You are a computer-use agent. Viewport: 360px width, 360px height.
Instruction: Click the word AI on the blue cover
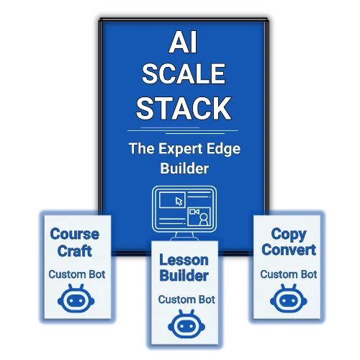[x=183, y=42]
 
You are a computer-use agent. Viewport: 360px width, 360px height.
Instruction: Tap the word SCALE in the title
[x=184, y=73]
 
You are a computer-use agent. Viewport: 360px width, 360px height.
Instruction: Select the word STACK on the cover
[x=184, y=108]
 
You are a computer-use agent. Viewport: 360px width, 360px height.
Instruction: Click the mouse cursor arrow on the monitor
[x=179, y=202]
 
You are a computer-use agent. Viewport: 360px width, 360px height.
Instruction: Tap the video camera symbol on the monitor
[x=194, y=212]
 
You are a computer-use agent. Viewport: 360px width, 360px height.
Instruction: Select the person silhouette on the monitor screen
[x=204, y=219]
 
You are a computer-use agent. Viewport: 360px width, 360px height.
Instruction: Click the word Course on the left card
[x=75, y=234]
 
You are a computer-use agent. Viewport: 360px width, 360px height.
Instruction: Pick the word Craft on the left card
[x=75, y=251]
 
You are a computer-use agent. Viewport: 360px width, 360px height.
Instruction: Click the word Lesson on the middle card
[x=184, y=260]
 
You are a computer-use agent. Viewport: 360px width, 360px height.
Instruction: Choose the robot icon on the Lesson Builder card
[x=186, y=324]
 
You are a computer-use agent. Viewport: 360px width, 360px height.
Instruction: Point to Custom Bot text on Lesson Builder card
[x=186, y=300]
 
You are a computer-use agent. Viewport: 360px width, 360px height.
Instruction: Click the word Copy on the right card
[x=289, y=235]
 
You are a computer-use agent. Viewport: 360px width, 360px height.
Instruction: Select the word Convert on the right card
[x=289, y=250]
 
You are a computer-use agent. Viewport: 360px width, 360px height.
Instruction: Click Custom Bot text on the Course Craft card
[x=77, y=274]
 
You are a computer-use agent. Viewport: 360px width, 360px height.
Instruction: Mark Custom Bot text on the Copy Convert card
[x=289, y=274]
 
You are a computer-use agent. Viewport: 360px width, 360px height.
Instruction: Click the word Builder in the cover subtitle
[x=184, y=168]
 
